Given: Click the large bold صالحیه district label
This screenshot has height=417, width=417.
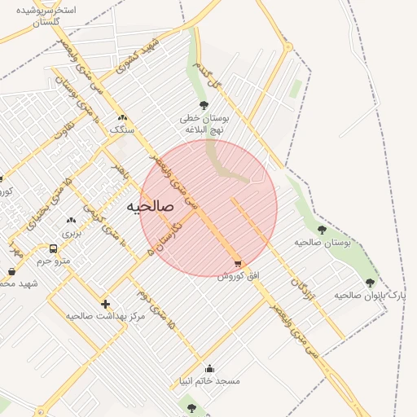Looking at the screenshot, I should (x=151, y=207).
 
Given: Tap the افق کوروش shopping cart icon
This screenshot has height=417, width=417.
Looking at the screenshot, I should (x=238, y=263).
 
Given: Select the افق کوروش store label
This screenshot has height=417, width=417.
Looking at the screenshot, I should (x=238, y=275).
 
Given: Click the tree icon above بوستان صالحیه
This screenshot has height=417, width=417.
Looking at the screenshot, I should (x=322, y=230).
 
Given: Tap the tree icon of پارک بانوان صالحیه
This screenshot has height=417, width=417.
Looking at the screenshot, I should (x=370, y=283).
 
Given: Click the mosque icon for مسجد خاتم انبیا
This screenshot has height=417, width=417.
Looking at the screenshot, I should (x=210, y=368).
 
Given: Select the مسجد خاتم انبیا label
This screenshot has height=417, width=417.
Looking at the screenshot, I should (x=210, y=380).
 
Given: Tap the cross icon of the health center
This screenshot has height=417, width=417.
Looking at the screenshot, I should (x=105, y=304).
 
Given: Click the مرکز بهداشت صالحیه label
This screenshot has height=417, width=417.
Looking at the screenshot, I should (x=105, y=315).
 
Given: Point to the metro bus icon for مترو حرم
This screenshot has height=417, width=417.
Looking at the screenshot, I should (x=53, y=248).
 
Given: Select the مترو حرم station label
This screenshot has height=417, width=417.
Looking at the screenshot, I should (x=55, y=261).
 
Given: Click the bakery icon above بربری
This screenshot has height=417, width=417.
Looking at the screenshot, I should (x=71, y=220).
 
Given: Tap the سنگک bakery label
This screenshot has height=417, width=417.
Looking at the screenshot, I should (x=121, y=129).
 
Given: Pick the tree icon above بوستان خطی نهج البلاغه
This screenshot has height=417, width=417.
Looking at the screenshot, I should (x=204, y=105).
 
